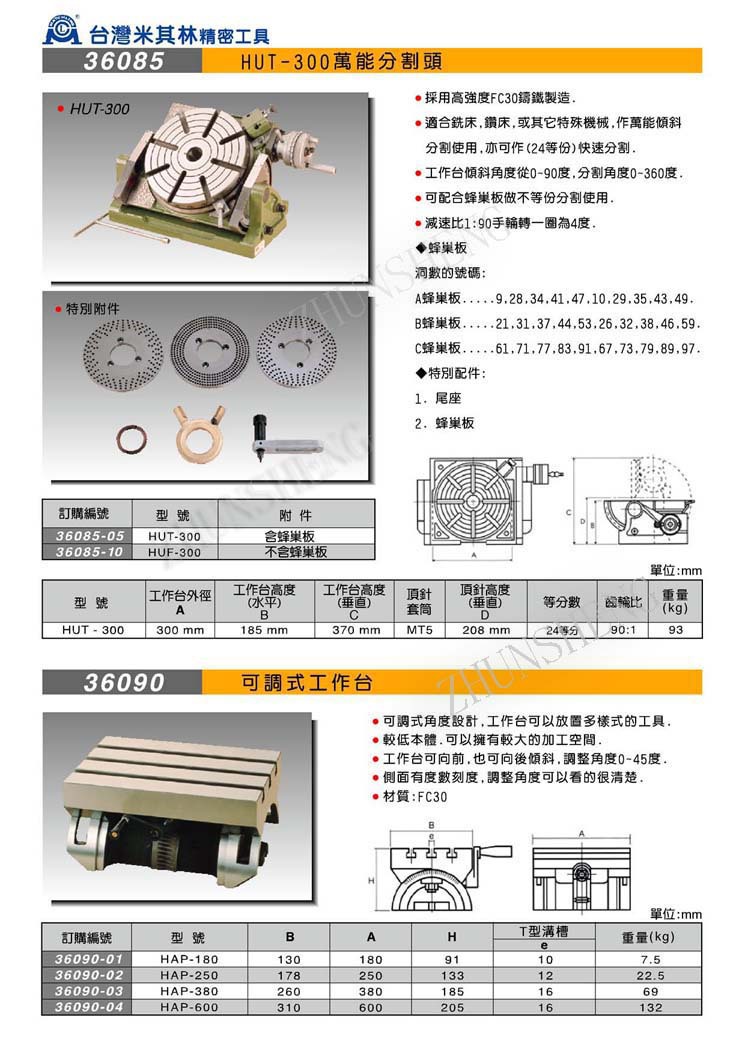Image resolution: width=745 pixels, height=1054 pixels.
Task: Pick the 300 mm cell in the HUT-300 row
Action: point(180,630)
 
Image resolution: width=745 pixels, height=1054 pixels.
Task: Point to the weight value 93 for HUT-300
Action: point(675,630)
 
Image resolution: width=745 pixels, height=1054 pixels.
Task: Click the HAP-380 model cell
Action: point(189,991)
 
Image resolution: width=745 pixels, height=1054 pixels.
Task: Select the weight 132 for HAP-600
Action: point(651,1007)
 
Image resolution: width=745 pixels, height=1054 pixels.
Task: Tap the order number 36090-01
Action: point(91,960)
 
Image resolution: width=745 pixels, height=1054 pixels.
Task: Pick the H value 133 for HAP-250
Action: point(452,975)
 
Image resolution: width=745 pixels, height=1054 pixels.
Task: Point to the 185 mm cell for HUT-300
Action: point(264,630)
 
